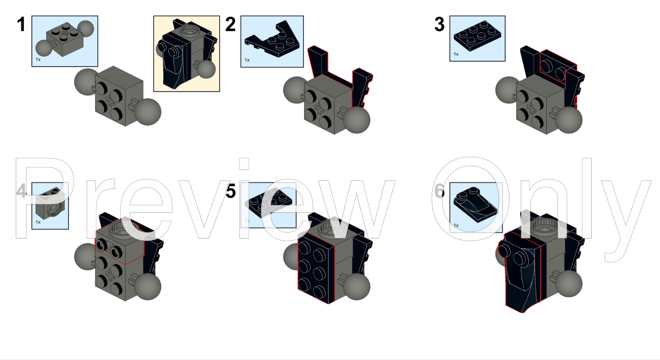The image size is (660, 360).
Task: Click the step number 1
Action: click(x=21, y=24)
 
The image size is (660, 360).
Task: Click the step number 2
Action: click(x=230, y=24)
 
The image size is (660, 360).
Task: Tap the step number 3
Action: click(x=439, y=24)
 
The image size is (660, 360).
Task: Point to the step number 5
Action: click(x=231, y=191)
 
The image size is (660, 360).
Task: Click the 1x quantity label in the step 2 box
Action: click(x=247, y=60)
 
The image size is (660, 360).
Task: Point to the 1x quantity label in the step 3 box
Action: click(x=456, y=54)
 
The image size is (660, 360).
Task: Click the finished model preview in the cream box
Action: click(x=187, y=54)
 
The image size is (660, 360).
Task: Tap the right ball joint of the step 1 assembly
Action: click(x=148, y=112)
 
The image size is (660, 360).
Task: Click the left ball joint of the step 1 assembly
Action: click(x=86, y=82)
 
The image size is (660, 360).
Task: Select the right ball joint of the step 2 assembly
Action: click(x=357, y=120)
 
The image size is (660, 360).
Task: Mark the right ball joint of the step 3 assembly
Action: click(x=569, y=120)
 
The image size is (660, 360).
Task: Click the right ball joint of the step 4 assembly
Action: click(x=148, y=287)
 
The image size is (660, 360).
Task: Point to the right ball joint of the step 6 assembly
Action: click(x=569, y=284)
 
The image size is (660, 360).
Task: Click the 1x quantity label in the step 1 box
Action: click(x=38, y=59)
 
